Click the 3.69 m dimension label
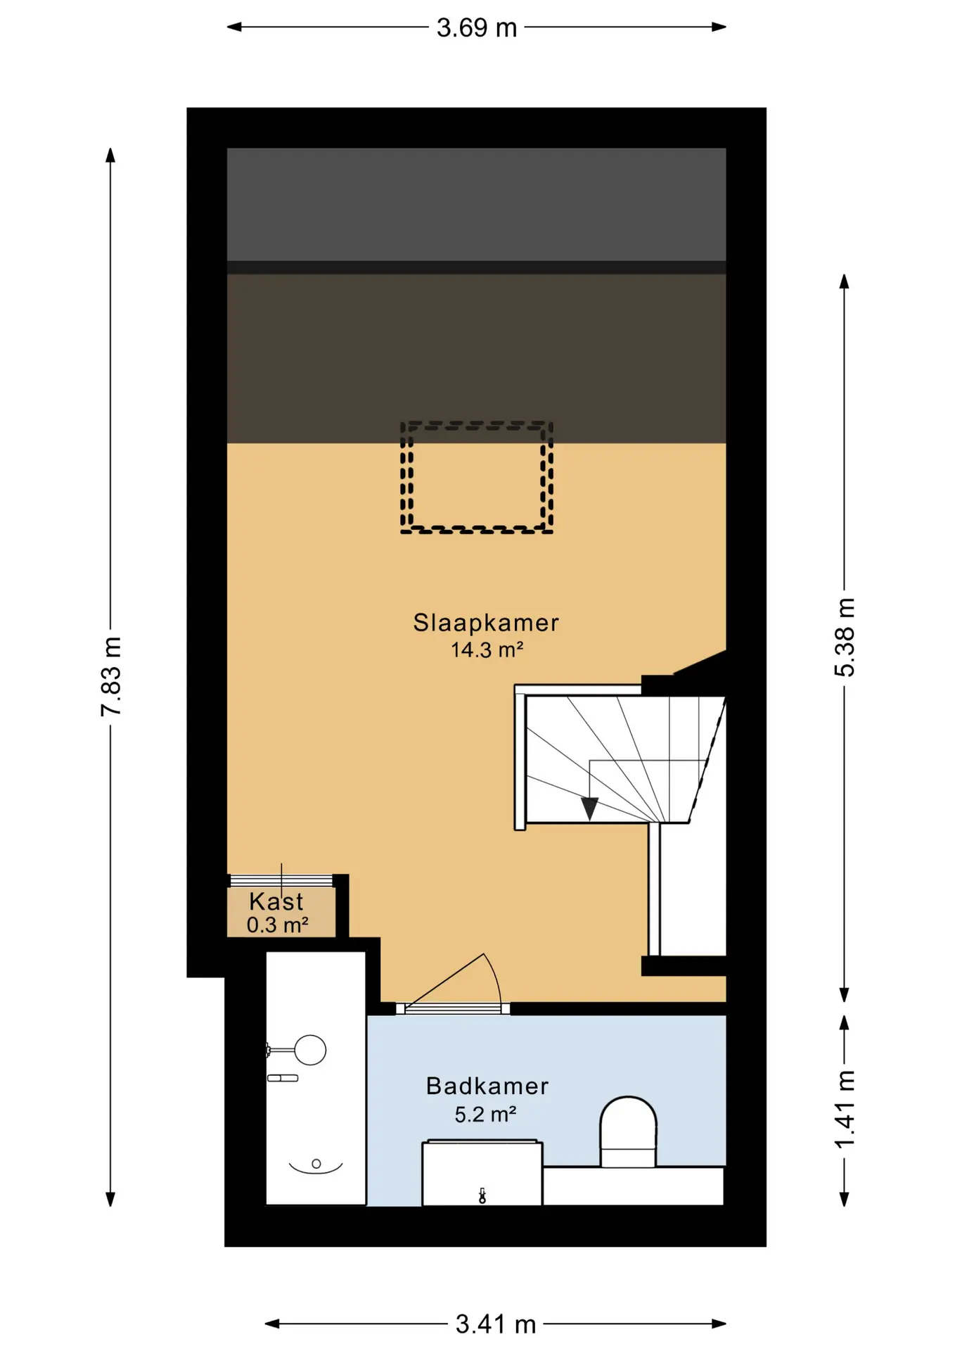(x=477, y=27)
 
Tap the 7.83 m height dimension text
(x=111, y=676)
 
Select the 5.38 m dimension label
(x=845, y=638)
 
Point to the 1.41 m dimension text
(x=845, y=1110)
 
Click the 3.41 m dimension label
(x=496, y=1324)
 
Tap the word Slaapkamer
(x=486, y=623)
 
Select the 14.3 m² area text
(x=487, y=649)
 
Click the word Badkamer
(x=487, y=1086)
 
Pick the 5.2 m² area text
(x=485, y=1115)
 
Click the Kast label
(x=276, y=901)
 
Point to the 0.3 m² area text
(x=277, y=925)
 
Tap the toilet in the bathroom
(x=628, y=1131)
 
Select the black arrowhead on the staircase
(x=589, y=808)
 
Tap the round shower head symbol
(x=310, y=1051)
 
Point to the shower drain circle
(x=316, y=1164)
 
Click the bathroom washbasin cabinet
(x=482, y=1173)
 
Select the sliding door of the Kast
(x=281, y=880)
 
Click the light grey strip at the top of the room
(x=476, y=204)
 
